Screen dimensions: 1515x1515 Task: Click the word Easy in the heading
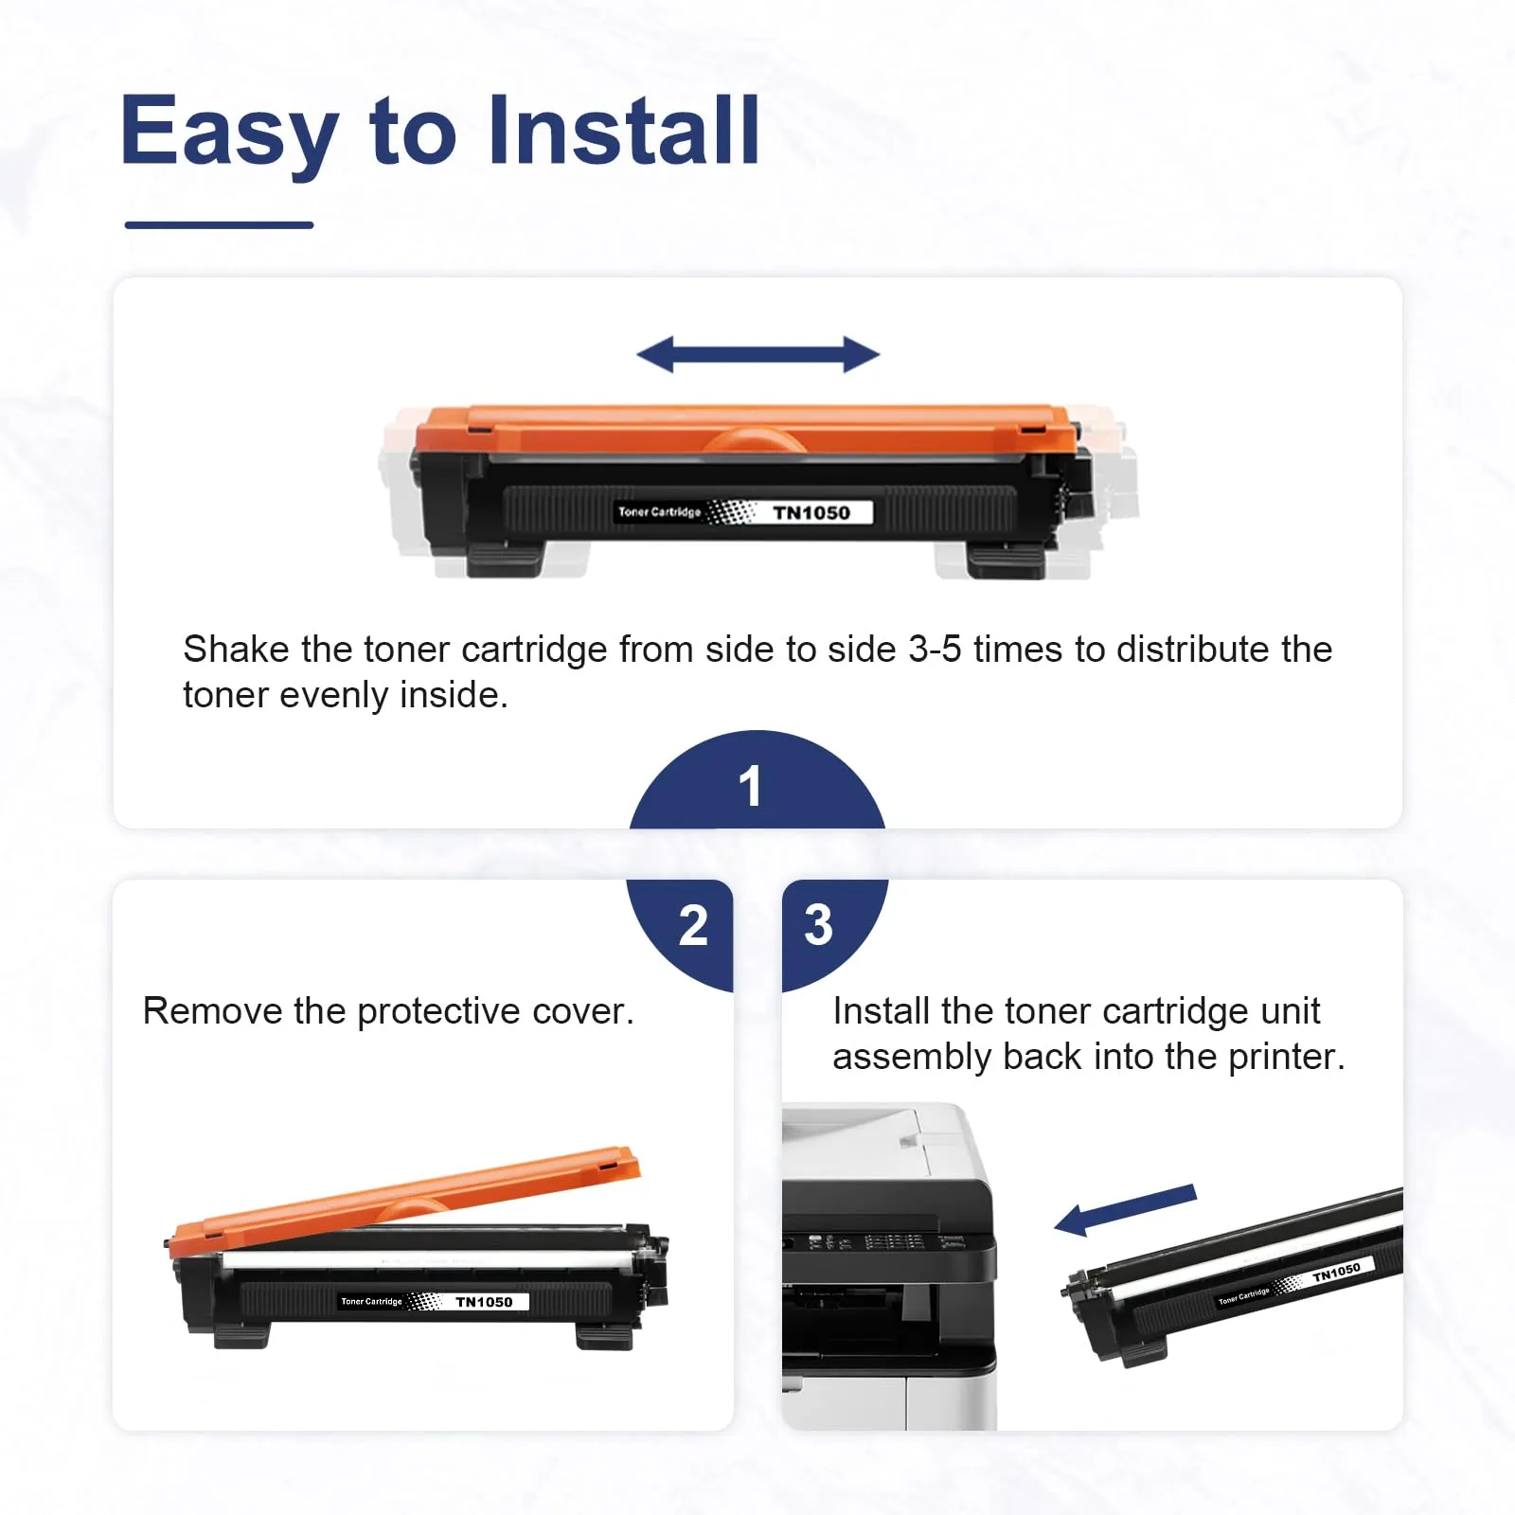tap(229, 133)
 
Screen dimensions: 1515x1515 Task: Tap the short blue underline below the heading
tap(219, 224)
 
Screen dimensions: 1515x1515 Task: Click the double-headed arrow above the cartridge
tap(758, 355)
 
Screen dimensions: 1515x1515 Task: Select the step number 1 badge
tap(757, 781)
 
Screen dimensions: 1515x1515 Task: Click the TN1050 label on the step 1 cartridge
tap(811, 512)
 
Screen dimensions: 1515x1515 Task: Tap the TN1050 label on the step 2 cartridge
tap(484, 1302)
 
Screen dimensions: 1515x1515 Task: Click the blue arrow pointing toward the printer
tap(1126, 1209)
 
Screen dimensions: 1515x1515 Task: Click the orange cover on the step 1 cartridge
tap(746, 429)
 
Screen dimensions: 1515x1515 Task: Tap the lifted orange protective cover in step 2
tap(402, 1201)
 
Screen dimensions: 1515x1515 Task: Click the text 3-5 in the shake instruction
tap(935, 650)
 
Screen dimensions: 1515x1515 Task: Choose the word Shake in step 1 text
tap(236, 650)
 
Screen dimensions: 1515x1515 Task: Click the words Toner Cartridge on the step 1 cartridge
tap(659, 512)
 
